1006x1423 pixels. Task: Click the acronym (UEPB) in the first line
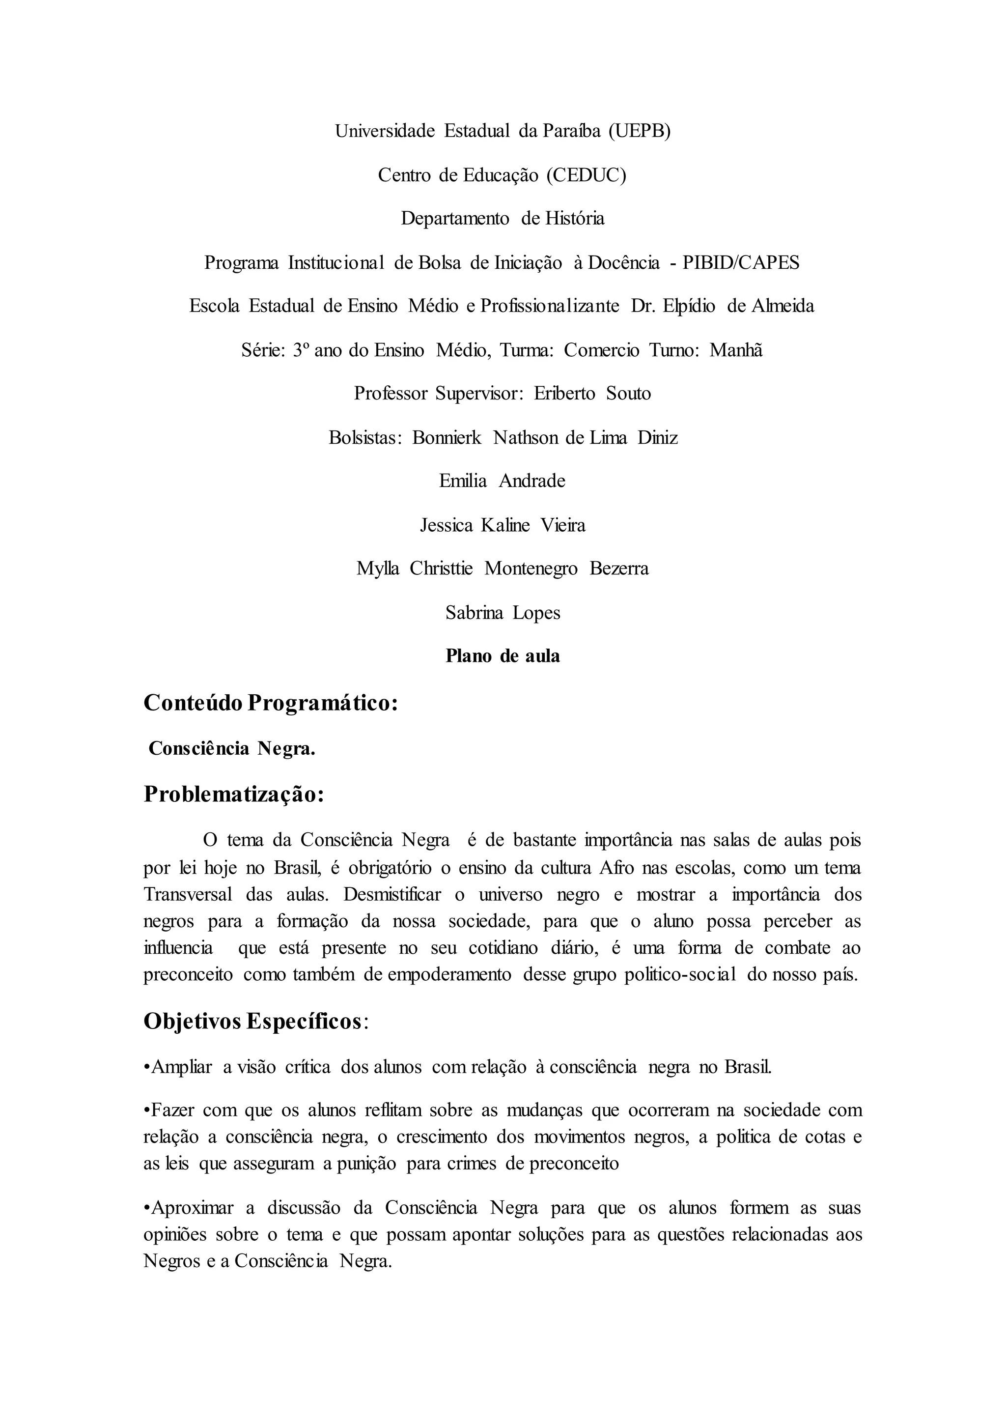639,131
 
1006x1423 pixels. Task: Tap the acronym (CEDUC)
586,175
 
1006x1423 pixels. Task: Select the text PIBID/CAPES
741,263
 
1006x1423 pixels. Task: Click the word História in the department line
574,219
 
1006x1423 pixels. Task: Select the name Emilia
463,481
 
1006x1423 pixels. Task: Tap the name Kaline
505,526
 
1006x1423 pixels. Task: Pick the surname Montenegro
531,569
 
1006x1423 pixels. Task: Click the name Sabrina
474,613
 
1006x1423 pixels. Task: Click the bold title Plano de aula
503,656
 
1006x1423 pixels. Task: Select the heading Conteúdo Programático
271,703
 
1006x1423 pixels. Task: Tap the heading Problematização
234,794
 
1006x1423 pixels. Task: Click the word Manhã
736,351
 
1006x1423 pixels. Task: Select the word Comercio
601,351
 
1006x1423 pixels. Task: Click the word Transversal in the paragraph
188,894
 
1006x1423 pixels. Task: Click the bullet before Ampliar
147,1067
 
